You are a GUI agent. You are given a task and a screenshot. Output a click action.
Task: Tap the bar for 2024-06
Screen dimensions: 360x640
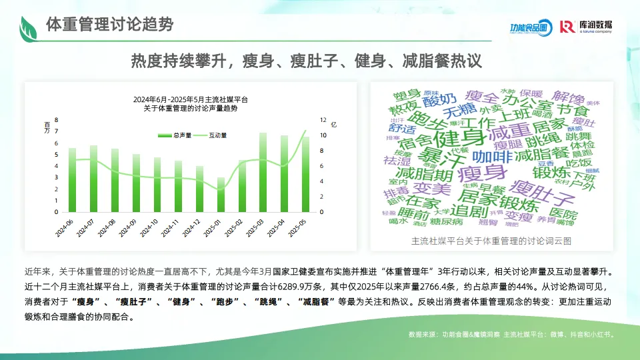(73, 180)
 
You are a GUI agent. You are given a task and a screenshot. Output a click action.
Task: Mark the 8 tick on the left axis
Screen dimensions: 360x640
(57, 120)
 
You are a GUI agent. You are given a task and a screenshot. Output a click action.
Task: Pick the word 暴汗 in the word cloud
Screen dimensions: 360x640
(436, 157)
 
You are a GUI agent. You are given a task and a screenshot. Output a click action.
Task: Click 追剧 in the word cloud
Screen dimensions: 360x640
(467, 209)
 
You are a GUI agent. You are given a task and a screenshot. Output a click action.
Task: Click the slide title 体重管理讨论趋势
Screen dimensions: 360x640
(109, 25)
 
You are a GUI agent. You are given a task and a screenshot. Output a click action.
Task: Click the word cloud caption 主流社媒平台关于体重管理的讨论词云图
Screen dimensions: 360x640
(491, 240)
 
